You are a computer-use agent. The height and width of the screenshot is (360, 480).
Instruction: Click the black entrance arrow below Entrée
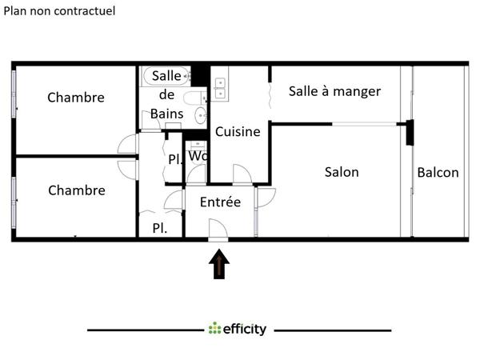[x=219, y=265]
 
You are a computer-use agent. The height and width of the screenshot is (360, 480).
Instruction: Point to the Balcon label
[x=438, y=173]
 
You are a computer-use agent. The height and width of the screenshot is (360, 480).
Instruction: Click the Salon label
[x=342, y=172]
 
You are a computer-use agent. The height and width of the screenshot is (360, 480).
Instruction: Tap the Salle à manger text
[x=334, y=91]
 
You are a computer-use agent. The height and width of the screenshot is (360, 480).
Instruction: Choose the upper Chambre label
[x=76, y=98]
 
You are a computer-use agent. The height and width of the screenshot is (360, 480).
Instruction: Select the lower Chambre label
[x=77, y=190]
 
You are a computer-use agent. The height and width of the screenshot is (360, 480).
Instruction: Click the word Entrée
[x=220, y=202]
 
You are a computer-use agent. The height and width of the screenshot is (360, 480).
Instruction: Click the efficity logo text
[x=245, y=329]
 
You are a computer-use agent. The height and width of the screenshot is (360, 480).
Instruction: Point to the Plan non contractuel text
[x=60, y=11]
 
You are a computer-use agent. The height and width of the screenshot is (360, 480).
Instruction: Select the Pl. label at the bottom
[x=160, y=228]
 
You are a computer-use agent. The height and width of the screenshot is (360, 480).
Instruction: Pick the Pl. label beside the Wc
[x=174, y=158]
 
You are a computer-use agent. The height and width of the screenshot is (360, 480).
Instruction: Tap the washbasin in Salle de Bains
[x=193, y=99]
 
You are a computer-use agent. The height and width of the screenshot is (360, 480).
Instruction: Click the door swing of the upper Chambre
[x=127, y=145]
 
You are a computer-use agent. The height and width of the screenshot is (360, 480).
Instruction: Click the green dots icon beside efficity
[x=214, y=329]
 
